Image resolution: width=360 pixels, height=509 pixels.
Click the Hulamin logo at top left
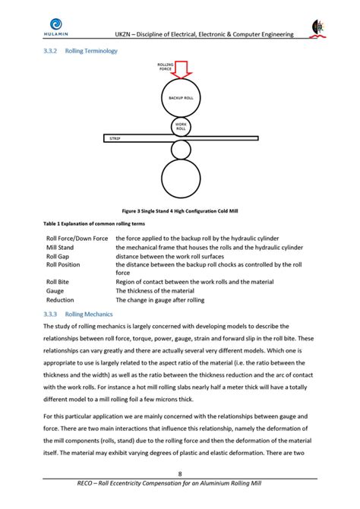pos(55,28)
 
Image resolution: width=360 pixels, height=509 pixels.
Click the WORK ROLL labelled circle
pos(181,127)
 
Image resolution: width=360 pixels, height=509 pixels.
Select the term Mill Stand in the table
pos(60,248)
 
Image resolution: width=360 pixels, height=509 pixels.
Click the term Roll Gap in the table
pos(58,256)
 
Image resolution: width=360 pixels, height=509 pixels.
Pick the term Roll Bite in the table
pos(58,282)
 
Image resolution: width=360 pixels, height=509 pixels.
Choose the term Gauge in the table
pos(55,290)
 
